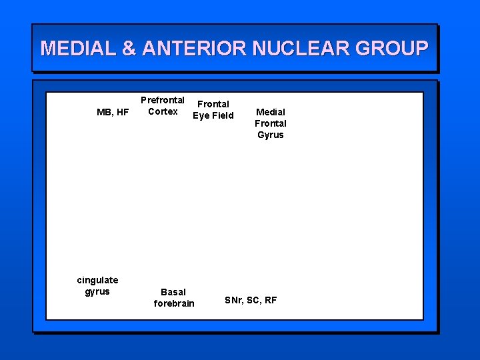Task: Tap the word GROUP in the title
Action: (x=391, y=48)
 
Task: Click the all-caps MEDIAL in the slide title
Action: (x=77, y=48)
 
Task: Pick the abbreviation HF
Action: (x=122, y=112)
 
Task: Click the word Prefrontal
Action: (x=163, y=100)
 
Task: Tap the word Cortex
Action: (x=163, y=111)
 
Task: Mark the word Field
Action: (x=222, y=115)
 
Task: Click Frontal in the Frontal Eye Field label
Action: (x=213, y=104)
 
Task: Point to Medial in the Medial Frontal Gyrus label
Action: (x=271, y=112)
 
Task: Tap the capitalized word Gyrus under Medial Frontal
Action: (x=271, y=135)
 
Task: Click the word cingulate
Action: (x=97, y=280)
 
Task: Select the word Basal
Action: (x=173, y=292)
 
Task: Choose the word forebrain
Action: (x=174, y=303)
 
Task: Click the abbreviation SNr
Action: (x=233, y=300)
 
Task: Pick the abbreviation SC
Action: (x=253, y=300)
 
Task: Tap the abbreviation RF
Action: (x=271, y=300)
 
